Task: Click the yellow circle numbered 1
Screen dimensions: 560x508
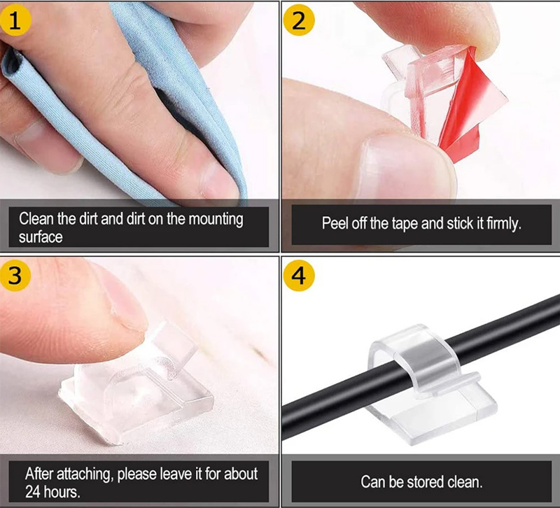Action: coord(15,21)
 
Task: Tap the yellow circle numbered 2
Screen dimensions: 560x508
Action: coord(299,21)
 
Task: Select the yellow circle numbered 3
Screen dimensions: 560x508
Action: coord(15,276)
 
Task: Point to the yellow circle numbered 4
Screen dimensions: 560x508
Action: coord(299,276)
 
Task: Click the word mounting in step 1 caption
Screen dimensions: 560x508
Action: coord(216,220)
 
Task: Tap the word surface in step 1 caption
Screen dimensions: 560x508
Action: coord(41,237)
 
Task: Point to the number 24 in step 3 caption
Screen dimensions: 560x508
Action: coord(33,492)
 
